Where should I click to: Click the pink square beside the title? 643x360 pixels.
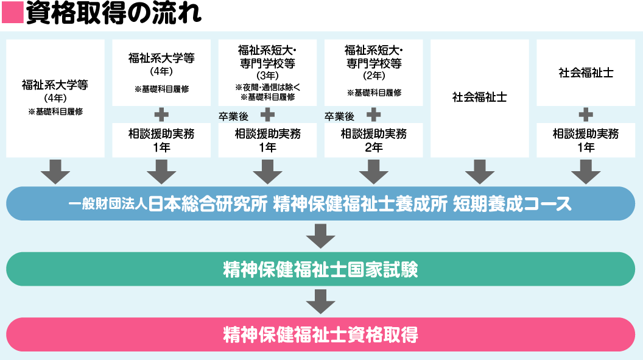[x=13, y=12]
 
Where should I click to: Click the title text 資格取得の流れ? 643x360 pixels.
[x=113, y=13]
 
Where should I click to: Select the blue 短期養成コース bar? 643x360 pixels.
[x=321, y=203]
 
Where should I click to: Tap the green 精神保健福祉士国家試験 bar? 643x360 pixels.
[x=321, y=269]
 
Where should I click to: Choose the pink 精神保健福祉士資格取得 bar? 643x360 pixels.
[x=321, y=334]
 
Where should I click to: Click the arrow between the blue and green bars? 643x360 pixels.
[x=321, y=236]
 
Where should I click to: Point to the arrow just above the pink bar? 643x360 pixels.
[x=321, y=302]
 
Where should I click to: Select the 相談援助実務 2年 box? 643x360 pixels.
[x=373, y=140]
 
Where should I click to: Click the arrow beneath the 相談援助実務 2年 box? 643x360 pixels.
[x=373, y=171]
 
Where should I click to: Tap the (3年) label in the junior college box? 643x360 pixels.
[x=267, y=76]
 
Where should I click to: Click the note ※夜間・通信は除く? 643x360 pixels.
[x=267, y=87]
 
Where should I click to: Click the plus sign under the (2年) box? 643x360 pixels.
[x=373, y=115]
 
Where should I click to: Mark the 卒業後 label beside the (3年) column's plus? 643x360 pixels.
[x=234, y=116]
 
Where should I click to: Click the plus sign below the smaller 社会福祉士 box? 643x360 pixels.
[x=586, y=115]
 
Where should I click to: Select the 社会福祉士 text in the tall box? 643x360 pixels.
[x=480, y=97]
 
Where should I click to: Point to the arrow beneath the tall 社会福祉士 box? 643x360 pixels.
[x=480, y=171]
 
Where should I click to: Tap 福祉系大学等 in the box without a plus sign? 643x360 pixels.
[x=55, y=85]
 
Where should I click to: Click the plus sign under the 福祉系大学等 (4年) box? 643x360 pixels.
[x=161, y=115]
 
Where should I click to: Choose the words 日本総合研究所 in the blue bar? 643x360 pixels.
[x=208, y=204]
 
